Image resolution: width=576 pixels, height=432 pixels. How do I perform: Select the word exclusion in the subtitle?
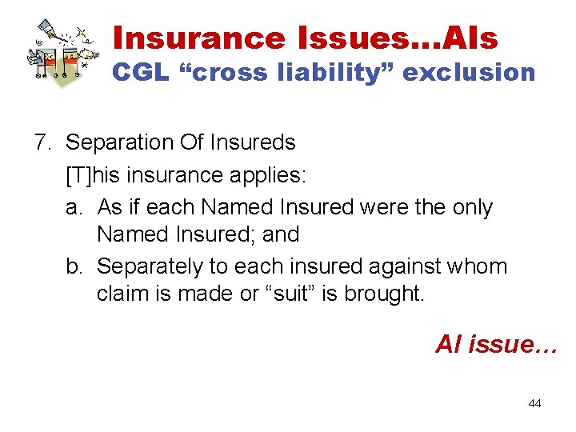[x=469, y=73]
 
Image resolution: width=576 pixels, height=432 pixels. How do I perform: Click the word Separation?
[x=122, y=143]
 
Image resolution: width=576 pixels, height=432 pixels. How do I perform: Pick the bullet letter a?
[x=74, y=207]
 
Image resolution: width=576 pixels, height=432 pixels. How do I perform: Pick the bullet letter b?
[x=74, y=266]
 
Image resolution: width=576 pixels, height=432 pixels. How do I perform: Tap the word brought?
[x=383, y=294]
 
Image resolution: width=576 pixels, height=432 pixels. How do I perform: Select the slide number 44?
[x=534, y=403]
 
